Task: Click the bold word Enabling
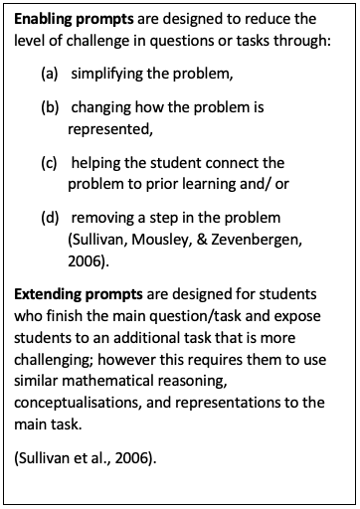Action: (x=43, y=19)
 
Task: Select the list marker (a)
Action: (x=50, y=75)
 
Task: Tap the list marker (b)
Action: (x=50, y=106)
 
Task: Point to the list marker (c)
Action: (x=50, y=162)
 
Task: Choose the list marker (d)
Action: (x=50, y=218)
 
